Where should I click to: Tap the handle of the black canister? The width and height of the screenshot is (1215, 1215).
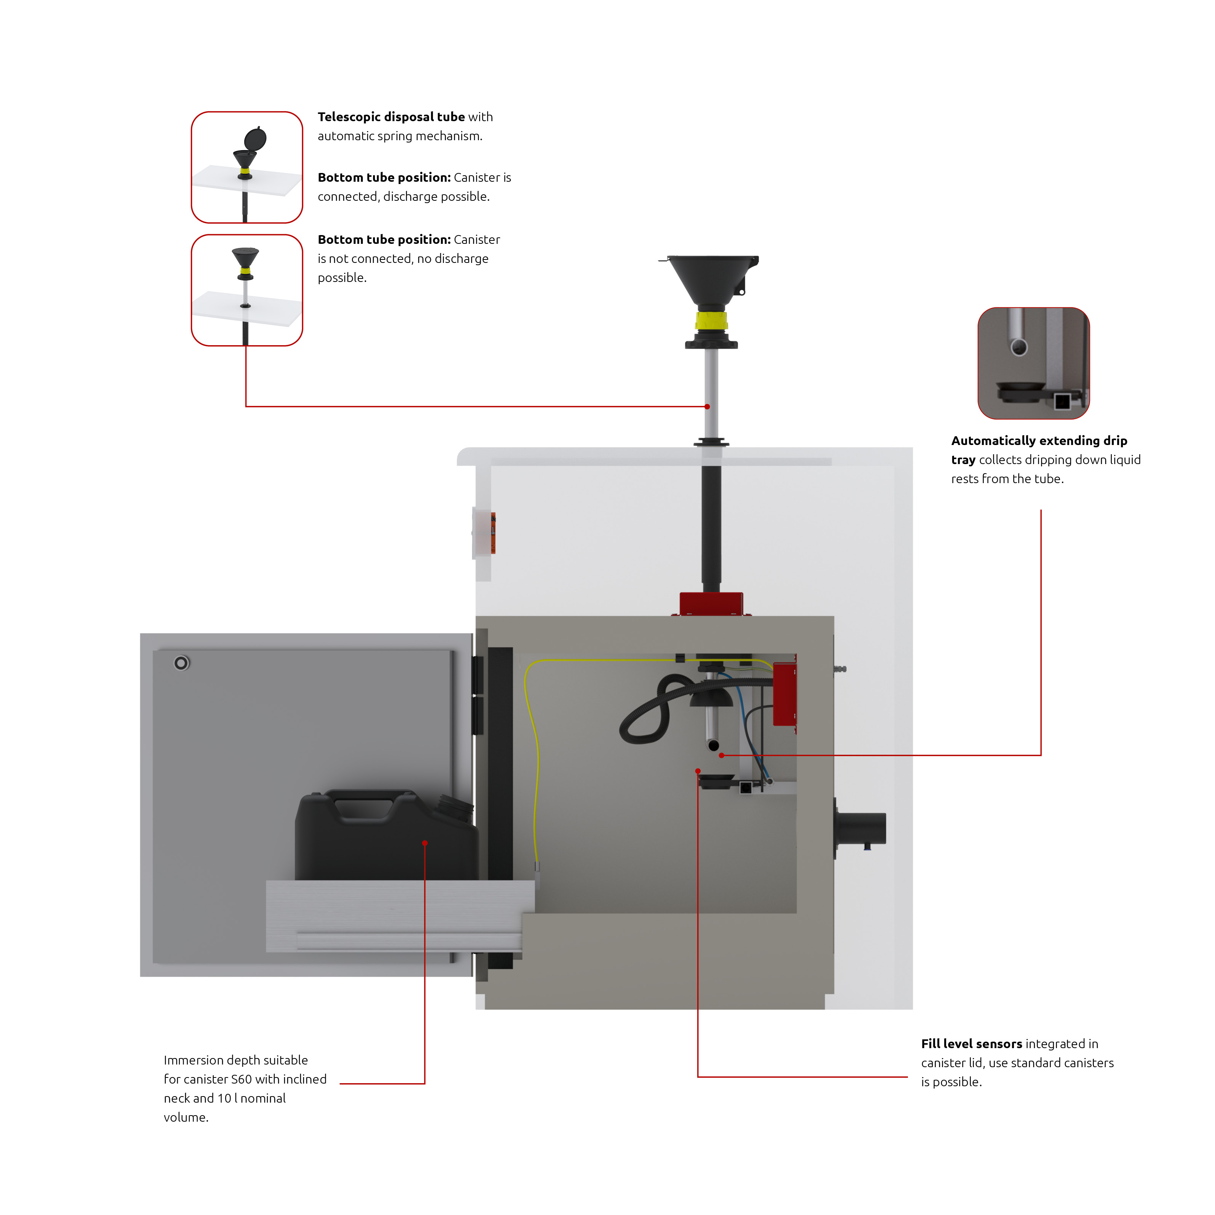point(364,805)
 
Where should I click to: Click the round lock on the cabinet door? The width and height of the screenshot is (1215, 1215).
point(181,663)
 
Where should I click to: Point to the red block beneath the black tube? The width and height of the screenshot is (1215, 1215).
point(711,604)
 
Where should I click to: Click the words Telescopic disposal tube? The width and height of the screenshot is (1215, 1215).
point(391,117)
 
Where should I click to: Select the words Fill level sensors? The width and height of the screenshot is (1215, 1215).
point(972,1044)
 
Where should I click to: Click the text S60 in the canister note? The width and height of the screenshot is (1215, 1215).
point(242,1079)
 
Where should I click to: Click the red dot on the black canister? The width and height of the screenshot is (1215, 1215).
point(425,843)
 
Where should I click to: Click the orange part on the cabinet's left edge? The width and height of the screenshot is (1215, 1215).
point(493,533)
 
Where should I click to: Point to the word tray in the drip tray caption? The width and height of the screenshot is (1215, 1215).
point(963,460)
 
